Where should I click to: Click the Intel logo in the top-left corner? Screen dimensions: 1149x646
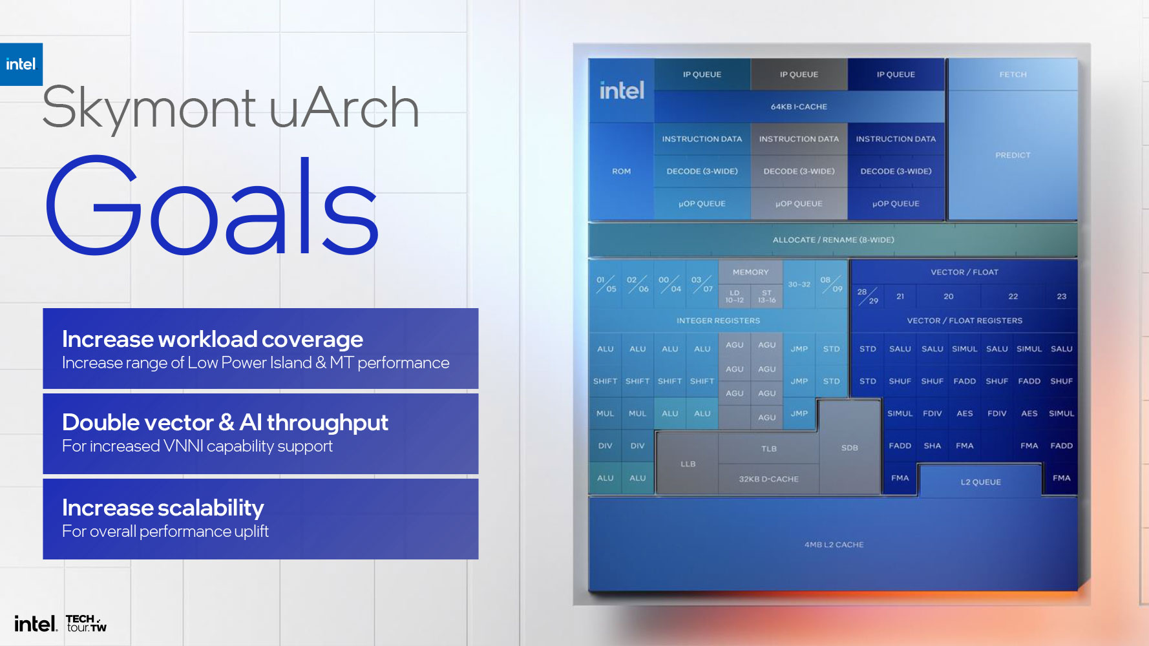point(21,64)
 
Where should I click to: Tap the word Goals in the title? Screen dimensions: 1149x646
point(212,206)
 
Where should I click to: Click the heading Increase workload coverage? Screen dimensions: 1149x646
point(213,339)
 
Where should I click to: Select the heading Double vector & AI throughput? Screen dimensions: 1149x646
point(225,422)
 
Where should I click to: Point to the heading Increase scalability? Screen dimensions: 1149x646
point(163,508)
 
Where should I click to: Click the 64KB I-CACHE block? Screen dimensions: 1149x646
point(799,107)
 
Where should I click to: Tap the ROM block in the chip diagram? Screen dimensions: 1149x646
point(621,171)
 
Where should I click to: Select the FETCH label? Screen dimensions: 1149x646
point(1013,74)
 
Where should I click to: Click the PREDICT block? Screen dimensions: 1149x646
point(1013,155)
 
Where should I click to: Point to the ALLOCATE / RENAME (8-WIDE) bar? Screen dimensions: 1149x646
point(833,240)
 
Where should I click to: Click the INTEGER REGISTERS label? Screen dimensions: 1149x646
point(718,320)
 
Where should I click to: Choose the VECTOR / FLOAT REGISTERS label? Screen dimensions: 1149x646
point(964,320)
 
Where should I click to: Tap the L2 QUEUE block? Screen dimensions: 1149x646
point(980,482)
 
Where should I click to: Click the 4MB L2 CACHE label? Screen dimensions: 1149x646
point(834,545)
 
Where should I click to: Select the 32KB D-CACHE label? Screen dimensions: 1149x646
point(768,479)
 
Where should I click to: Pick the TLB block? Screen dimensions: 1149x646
point(768,448)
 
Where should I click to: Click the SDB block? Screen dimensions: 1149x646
point(850,448)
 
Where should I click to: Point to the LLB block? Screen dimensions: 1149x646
point(688,464)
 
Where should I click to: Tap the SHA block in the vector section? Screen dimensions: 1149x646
point(932,446)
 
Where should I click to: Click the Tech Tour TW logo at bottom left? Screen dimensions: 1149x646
point(87,623)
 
